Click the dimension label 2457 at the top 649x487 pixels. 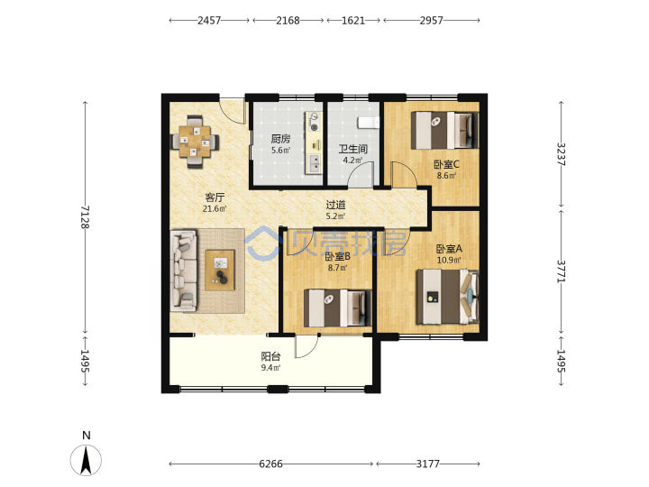tap(209, 20)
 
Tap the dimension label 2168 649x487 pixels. tap(288, 20)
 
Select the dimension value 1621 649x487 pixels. tap(353, 20)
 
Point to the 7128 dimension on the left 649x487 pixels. tap(85, 217)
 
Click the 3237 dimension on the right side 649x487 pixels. tap(561, 154)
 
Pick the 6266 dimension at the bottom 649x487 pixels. tap(270, 464)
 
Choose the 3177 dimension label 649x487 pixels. tap(428, 464)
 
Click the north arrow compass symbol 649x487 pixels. tap(86, 459)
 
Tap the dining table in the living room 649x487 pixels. tap(196, 142)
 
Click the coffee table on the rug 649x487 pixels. tap(220, 270)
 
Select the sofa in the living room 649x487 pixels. tap(183, 271)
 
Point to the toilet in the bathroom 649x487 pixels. tap(368, 123)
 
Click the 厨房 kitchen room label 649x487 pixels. tap(280, 139)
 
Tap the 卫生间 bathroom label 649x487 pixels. tap(352, 149)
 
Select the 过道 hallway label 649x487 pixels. tap(335, 205)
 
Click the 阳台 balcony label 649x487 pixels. tap(270, 356)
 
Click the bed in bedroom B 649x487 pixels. tap(338, 308)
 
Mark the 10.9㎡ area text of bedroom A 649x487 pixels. tap(449, 260)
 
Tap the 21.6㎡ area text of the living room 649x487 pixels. tap(215, 208)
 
